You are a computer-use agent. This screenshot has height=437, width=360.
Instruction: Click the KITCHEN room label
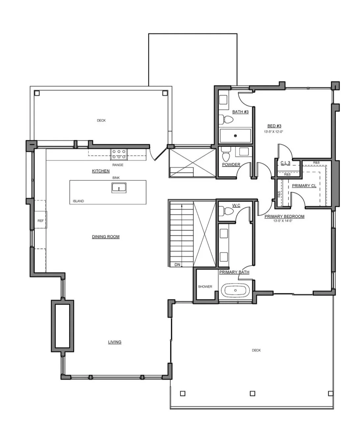pos(101,171)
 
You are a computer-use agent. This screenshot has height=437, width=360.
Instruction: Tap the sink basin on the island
pos(119,187)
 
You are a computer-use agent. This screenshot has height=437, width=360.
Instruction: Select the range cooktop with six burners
pos(119,154)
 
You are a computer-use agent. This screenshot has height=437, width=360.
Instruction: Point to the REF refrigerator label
pos(41,221)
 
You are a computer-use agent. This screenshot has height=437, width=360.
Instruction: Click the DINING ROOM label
pos(106,237)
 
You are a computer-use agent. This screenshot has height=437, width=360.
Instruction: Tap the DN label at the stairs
pos(177,264)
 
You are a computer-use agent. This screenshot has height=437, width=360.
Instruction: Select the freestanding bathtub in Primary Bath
pos(235,290)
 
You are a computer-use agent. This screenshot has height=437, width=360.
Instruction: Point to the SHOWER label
pos(205,287)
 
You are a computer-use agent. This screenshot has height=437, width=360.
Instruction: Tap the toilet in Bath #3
pos(226,120)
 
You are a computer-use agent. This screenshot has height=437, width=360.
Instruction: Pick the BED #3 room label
pos(274,126)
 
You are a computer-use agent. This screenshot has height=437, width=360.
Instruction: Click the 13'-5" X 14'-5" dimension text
pos(283,221)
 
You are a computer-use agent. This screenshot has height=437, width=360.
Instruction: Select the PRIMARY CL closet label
pos(304,186)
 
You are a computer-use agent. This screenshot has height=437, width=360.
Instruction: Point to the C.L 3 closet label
pos(285,163)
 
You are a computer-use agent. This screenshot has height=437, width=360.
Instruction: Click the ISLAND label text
pos(78,201)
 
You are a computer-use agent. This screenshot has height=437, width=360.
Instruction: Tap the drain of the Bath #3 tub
pos(235,136)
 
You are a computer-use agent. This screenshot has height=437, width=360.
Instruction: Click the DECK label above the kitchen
pos(101,120)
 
